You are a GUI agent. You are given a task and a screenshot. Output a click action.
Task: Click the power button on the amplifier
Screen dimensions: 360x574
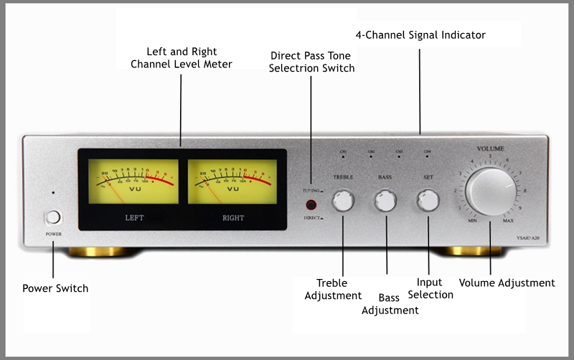point(53,217)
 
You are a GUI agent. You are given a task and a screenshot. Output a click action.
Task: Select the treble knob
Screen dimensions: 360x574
point(343,202)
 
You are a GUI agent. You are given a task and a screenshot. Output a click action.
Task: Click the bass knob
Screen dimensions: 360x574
point(385,202)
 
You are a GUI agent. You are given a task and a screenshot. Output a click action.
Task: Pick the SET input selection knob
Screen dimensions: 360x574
point(428,202)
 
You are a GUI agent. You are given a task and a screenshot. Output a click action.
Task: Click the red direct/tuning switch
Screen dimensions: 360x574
point(311,205)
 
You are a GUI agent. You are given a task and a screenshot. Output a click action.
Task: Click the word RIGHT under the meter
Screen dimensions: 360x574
point(232,217)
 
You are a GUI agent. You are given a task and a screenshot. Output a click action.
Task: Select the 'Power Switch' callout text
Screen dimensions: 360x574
point(55,288)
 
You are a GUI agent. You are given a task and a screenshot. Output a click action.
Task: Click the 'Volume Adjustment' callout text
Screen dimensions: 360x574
point(507,283)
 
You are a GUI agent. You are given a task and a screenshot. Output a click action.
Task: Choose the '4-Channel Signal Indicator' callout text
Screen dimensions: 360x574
point(420,34)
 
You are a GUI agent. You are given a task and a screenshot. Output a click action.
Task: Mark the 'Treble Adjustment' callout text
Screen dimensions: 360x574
point(333,289)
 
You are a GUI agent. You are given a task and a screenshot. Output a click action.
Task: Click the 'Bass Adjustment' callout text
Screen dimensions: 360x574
point(390,303)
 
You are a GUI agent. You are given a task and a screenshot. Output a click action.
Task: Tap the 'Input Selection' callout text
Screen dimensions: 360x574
point(430,288)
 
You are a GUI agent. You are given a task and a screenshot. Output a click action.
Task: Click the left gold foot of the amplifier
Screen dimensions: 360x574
point(100,252)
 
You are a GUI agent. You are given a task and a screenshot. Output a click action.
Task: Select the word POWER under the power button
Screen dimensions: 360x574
point(53,234)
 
